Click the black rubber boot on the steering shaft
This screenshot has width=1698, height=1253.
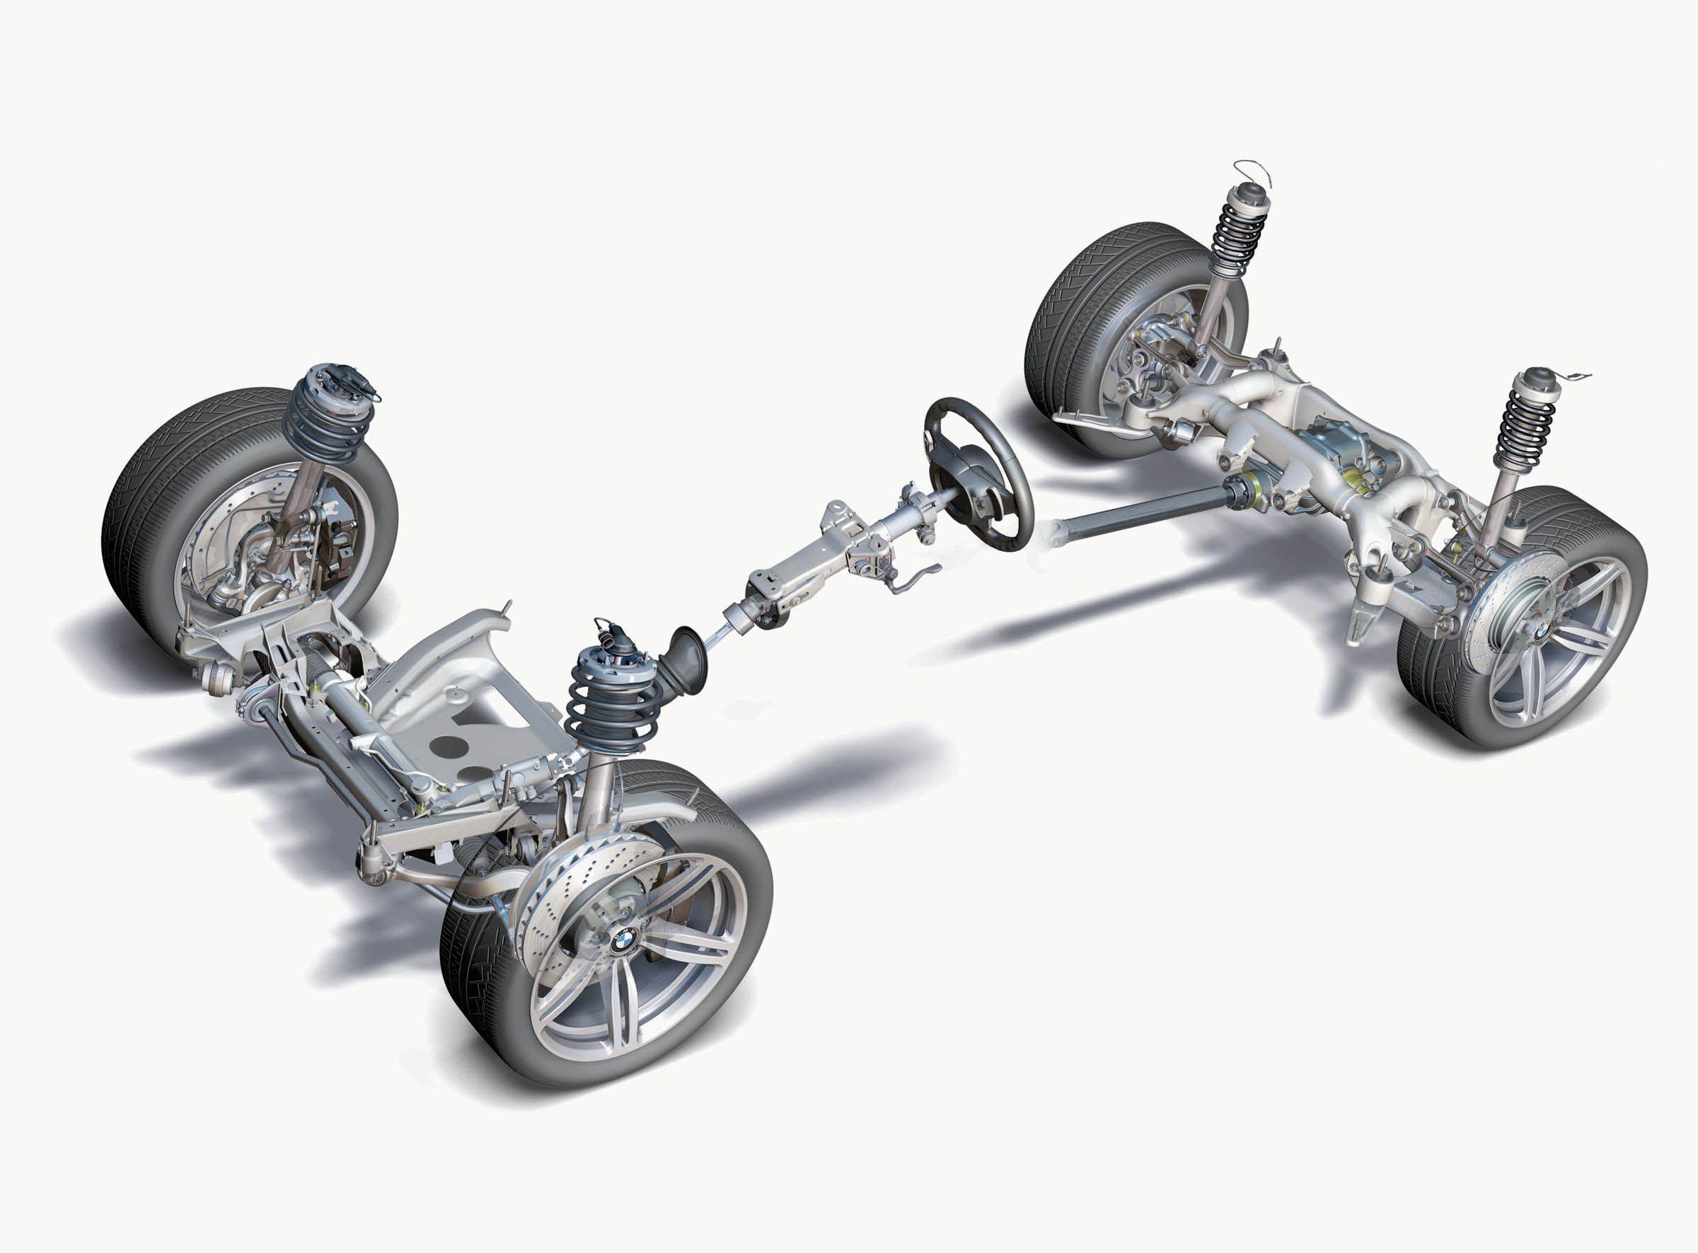(686, 660)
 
